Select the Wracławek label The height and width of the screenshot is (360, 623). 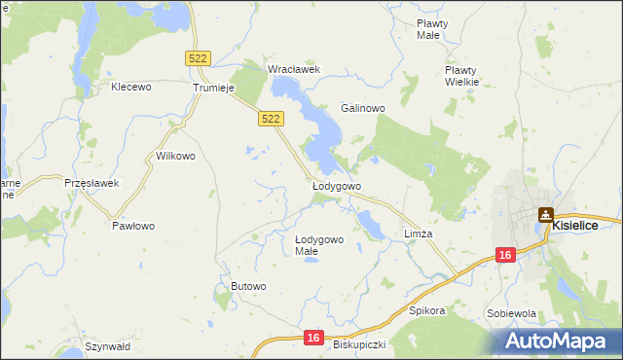click(x=294, y=69)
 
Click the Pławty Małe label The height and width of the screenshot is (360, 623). click(x=429, y=29)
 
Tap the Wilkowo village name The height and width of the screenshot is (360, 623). click(x=176, y=156)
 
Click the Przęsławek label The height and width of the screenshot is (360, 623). click(x=91, y=183)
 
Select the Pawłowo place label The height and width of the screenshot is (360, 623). click(x=133, y=226)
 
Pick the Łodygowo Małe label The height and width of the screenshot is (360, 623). click(x=319, y=245)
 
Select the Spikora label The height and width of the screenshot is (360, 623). click(x=427, y=311)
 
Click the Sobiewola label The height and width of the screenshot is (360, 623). click(x=512, y=314)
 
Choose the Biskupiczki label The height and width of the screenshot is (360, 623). click(x=360, y=344)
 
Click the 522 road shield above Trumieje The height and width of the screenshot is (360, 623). click(x=198, y=59)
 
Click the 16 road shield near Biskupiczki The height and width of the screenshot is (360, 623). click(x=311, y=337)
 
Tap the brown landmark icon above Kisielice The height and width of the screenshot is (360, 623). click(x=546, y=215)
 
